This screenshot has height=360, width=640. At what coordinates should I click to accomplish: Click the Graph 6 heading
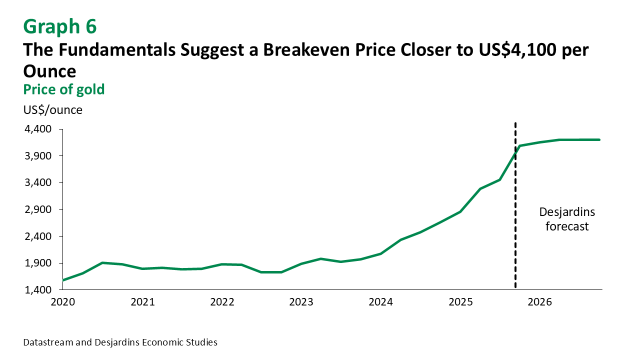[x=59, y=26]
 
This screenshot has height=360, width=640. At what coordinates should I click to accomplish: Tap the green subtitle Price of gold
[x=63, y=89]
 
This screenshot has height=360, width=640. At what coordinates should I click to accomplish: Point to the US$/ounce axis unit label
[x=52, y=110]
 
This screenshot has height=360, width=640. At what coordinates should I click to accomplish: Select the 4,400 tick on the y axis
[x=38, y=129]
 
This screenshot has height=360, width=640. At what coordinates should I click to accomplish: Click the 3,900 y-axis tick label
[x=38, y=156]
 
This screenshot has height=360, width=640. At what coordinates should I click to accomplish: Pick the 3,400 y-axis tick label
[x=38, y=182]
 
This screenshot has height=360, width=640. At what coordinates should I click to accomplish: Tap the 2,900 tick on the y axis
[x=38, y=209]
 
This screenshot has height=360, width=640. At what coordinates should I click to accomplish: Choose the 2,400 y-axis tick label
[x=38, y=236]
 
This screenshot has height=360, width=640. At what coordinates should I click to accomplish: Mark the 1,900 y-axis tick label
[x=38, y=263]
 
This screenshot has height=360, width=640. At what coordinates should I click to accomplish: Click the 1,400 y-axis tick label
[x=38, y=290]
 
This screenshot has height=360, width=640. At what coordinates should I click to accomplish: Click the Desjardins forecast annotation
[x=567, y=219]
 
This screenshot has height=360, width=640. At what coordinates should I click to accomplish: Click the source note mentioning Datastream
[x=120, y=342]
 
